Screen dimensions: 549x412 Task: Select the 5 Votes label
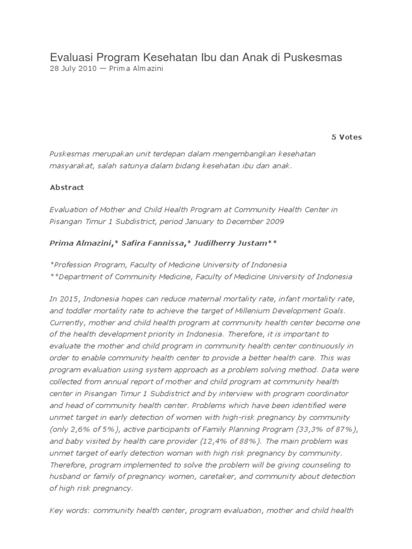(x=347, y=137)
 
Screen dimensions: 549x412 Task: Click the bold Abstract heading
(x=67, y=188)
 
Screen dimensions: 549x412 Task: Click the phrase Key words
(x=69, y=510)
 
